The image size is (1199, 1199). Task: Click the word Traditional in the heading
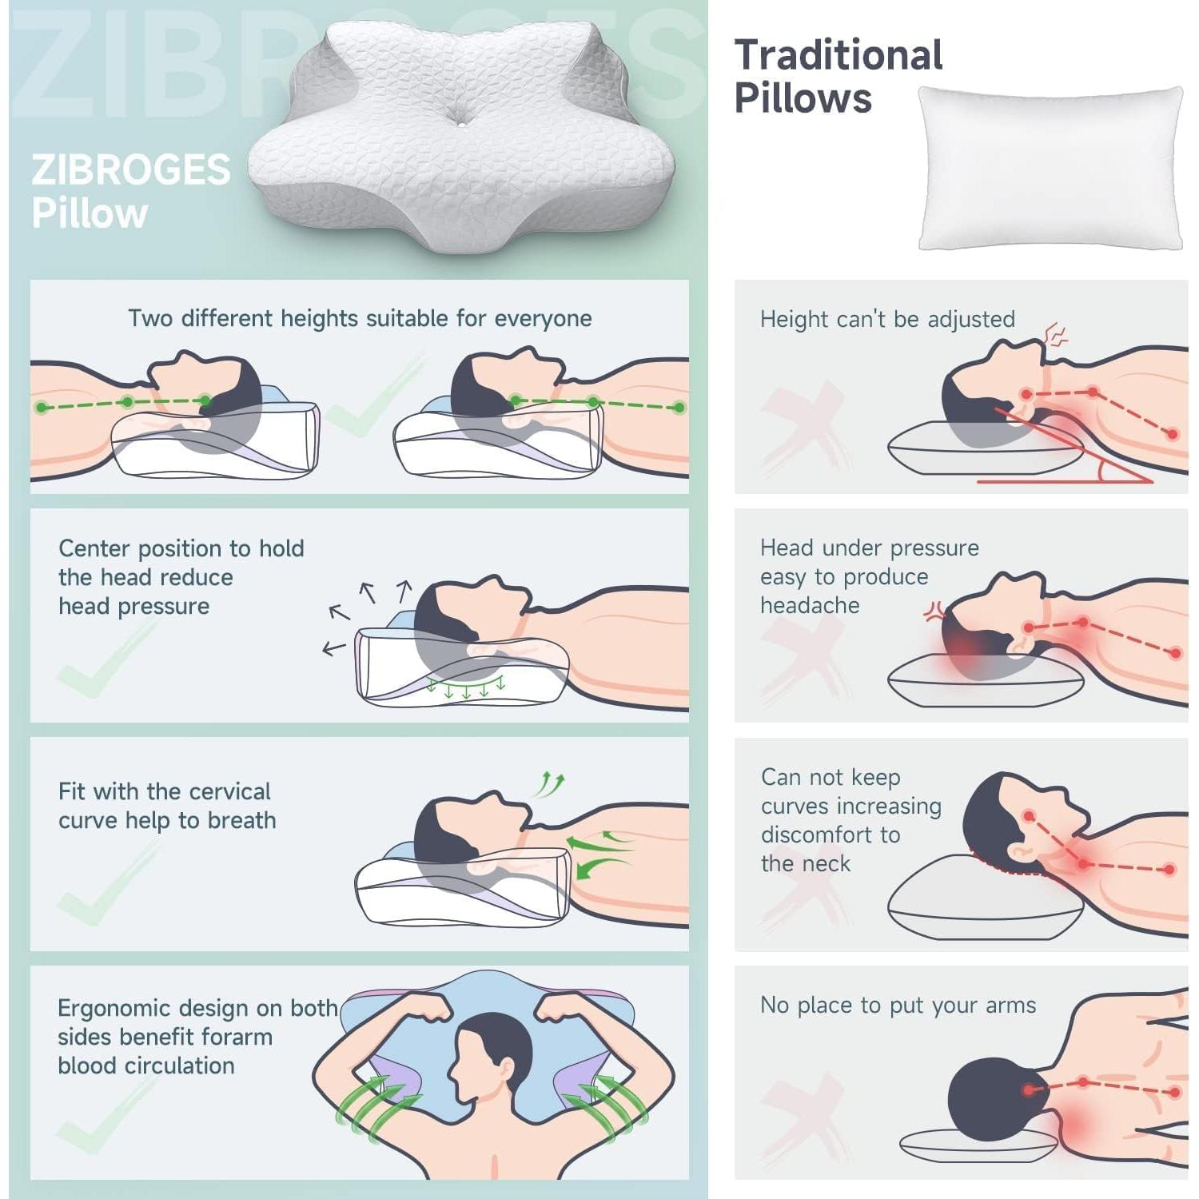(839, 55)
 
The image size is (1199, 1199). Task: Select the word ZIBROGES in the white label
(131, 170)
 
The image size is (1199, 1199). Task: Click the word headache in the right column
(809, 605)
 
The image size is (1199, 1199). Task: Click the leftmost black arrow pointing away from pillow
(333, 647)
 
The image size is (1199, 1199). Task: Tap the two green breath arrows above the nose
(550, 783)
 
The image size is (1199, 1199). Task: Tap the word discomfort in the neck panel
(830, 835)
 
